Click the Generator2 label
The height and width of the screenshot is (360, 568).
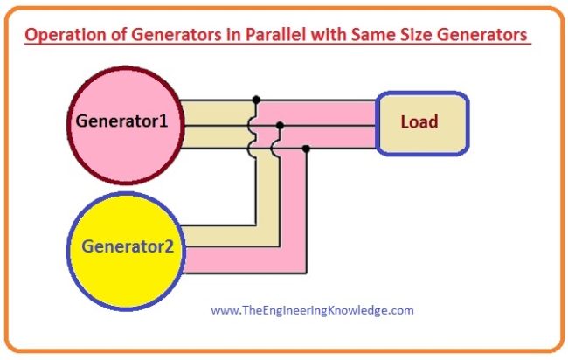click(x=134, y=246)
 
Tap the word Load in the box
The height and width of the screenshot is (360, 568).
click(x=419, y=121)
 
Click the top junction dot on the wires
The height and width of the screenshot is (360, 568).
click(x=255, y=100)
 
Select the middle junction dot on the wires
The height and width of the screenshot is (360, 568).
click(x=280, y=125)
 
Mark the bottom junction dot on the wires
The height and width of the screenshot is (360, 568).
click(x=305, y=149)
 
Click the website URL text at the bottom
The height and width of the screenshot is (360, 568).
click(x=313, y=309)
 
